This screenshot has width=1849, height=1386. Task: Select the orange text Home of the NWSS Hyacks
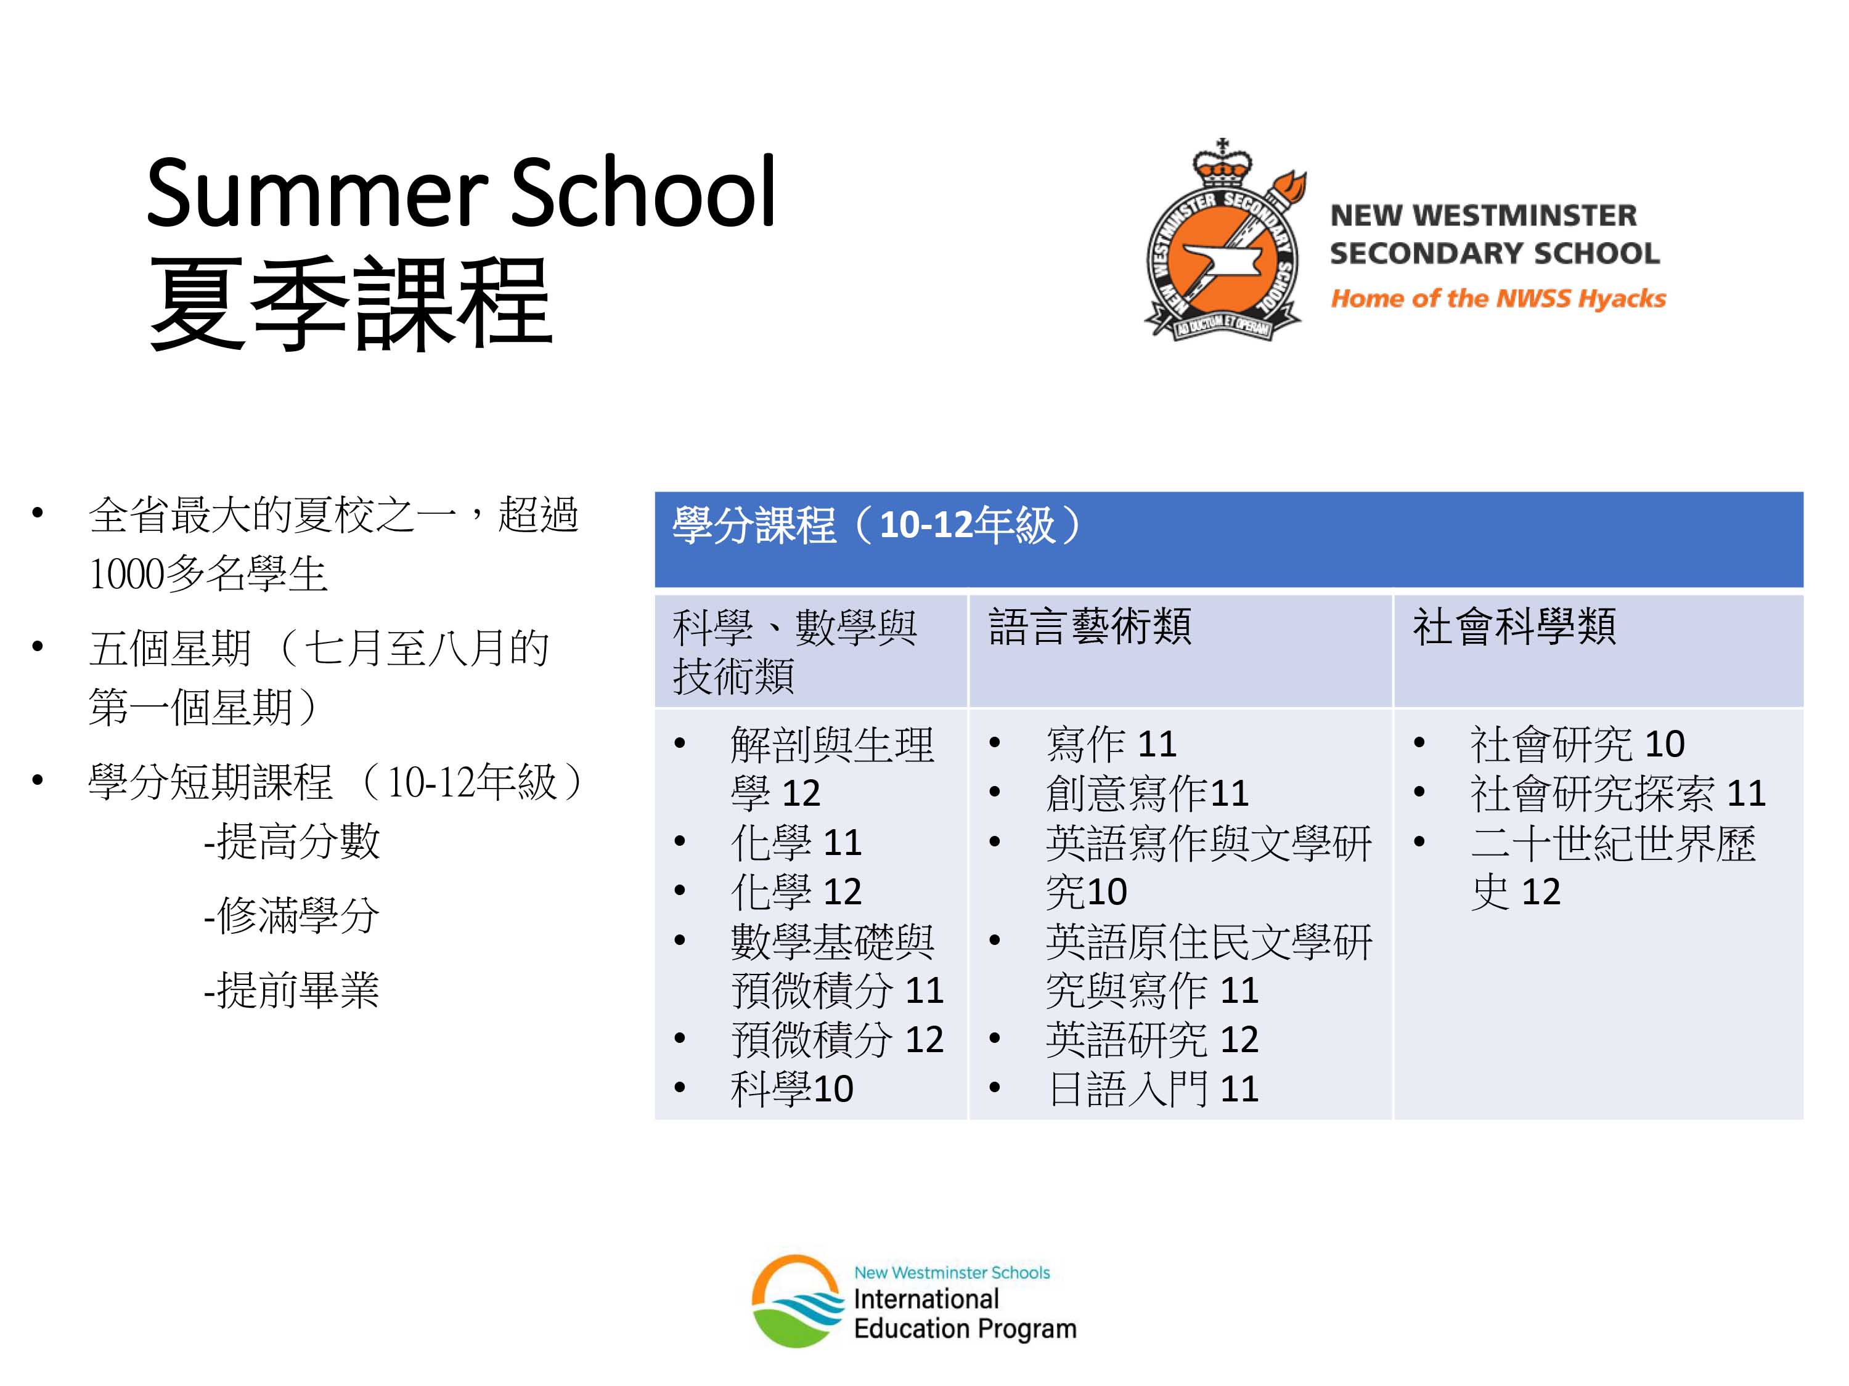1497,298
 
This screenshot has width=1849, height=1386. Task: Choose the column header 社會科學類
1514,626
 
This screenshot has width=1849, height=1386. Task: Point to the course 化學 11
796,842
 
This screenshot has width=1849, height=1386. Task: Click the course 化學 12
796,891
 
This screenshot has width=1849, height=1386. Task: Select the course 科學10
791,1088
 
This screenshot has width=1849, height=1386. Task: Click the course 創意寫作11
1147,793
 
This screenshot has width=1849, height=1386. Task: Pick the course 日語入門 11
1153,1088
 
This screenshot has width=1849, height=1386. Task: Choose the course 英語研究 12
1152,1039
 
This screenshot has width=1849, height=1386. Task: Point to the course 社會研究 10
1577,744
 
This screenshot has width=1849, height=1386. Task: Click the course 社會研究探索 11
1617,793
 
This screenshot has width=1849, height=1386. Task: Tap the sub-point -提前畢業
292,990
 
